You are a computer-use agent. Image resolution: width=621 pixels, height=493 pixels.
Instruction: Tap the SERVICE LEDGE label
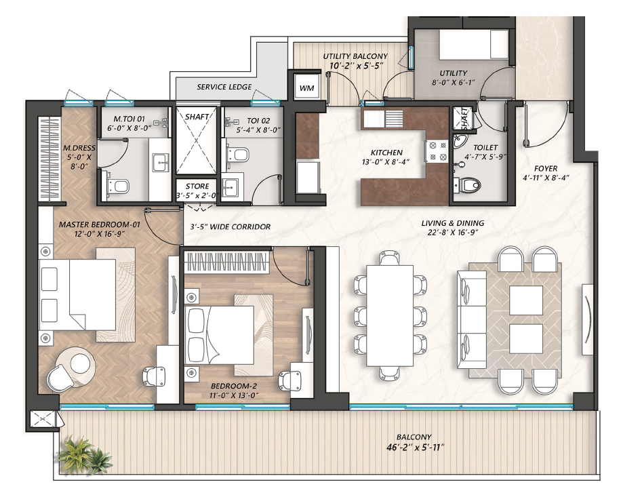pos(224,87)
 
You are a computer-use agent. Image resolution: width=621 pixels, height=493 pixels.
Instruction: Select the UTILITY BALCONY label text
pos(355,56)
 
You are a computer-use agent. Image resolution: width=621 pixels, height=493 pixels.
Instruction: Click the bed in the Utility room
pos(474,45)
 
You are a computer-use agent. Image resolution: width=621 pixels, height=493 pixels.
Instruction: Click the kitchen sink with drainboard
pos(383,118)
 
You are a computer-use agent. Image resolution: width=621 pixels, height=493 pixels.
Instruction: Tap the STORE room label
pos(197,186)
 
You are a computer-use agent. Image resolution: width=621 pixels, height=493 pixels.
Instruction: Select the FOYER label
pos(545,168)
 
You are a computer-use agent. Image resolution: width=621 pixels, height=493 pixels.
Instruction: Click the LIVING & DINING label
pos(453,223)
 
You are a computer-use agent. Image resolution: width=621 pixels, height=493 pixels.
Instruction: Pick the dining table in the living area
pos(390,316)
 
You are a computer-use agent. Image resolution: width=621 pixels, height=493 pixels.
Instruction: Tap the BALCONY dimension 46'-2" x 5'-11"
pos(415,448)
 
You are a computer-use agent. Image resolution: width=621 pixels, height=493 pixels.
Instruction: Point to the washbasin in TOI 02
pos(230,186)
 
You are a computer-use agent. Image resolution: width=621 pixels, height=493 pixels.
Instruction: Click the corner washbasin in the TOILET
pos(460,140)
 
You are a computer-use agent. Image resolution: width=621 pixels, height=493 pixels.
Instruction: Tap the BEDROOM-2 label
pos(234,386)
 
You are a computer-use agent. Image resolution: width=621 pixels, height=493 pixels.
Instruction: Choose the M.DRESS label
pos(79,148)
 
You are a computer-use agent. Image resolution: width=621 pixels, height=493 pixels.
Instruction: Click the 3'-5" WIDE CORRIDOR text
pos(230,226)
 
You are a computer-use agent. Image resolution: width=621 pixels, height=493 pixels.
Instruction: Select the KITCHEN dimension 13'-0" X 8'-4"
pos(385,161)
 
